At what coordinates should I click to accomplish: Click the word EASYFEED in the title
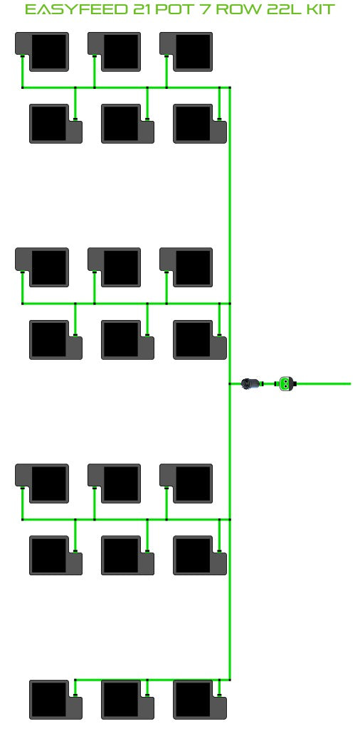pyautogui.click(x=77, y=9)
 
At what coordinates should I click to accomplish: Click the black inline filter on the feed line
pyautogui.click(x=249, y=384)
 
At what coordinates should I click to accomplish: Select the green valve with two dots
pyautogui.click(x=285, y=384)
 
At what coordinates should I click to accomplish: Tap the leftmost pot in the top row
pyautogui.click(x=42, y=52)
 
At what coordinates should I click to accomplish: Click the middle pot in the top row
pyautogui.click(x=114, y=52)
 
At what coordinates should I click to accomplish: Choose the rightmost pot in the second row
pyautogui.click(x=200, y=124)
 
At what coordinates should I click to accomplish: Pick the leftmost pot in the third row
pyautogui.click(x=42, y=267)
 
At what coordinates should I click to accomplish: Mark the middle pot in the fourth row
pyautogui.click(x=127, y=340)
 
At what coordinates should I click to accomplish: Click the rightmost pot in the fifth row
pyautogui.click(x=186, y=484)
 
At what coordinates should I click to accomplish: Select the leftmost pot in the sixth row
pyautogui.click(x=56, y=555)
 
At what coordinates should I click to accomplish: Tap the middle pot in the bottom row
pyautogui.click(x=127, y=700)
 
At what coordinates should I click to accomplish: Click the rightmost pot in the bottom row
pyautogui.click(x=200, y=700)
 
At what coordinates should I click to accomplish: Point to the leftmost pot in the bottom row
pyautogui.click(x=56, y=700)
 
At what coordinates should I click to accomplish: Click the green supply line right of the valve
pyautogui.click(x=322, y=384)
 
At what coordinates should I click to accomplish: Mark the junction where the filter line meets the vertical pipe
pyautogui.click(x=230, y=384)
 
